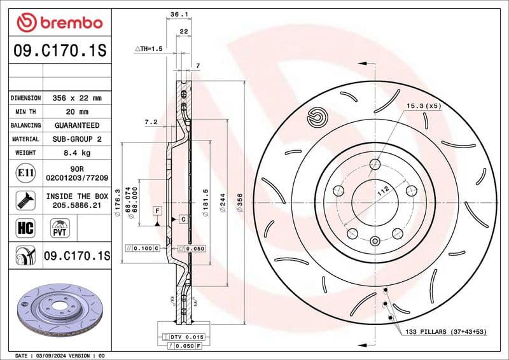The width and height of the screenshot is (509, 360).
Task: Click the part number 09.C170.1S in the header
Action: pos(59,51)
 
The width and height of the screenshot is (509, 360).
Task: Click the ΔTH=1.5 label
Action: pos(149,48)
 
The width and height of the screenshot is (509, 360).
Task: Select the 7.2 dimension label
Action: pos(151,121)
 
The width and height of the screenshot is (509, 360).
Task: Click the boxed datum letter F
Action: pos(157,209)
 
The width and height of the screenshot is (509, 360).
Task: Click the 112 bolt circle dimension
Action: pos(383,190)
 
